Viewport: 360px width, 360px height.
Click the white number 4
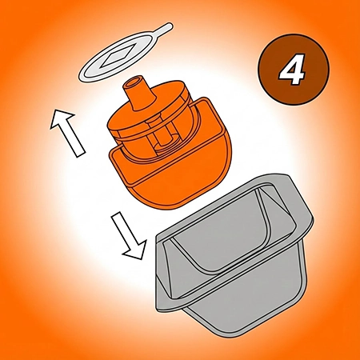click(292, 70)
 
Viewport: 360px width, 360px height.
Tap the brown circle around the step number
click(294, 70)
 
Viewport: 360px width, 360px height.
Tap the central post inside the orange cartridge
click(163, 138)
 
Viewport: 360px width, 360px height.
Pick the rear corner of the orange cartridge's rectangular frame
click(205, 100)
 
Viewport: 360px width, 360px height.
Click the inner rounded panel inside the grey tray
click(226, 232)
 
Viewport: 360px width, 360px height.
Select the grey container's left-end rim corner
click(161, 238)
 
